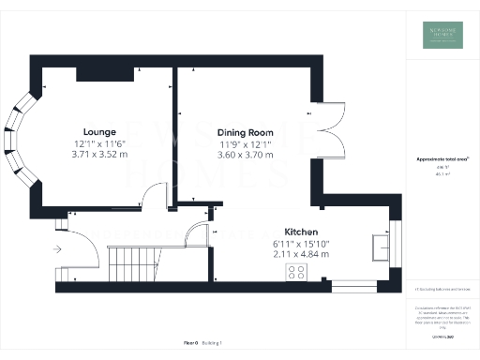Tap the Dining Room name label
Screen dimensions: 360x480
[246, 133]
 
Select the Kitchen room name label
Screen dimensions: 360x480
[302, 232]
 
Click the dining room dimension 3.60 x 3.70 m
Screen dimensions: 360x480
[246, 156]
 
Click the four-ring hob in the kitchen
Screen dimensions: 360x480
[297, 273]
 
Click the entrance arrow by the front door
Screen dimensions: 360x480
[58, 249]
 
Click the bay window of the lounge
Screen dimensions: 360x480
[21, 142]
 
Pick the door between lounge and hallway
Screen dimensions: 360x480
[152, 198]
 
